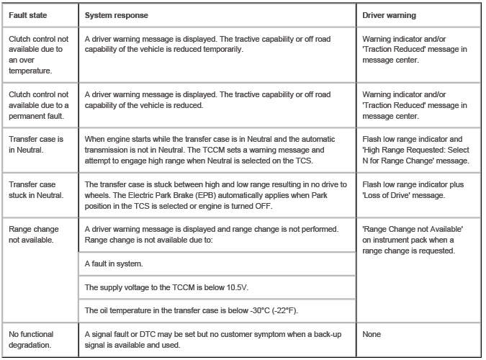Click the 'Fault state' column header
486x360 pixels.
[x=27, y=14]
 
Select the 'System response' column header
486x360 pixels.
[x=113, y=14]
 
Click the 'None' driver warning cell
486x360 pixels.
[x=373, y=334]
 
